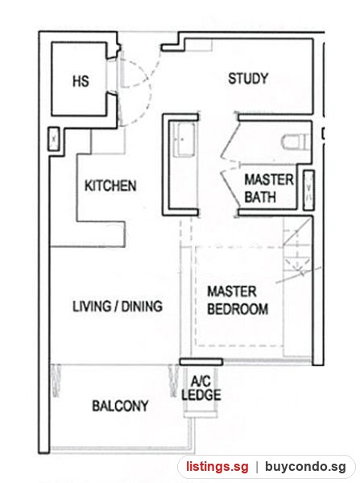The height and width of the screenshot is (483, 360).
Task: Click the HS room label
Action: click(x=81, y=81)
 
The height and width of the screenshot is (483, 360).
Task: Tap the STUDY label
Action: click(x=248, y=78)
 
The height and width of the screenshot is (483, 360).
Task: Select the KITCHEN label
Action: click(x=110, y=186)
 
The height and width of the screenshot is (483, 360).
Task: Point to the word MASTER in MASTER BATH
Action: click(x=269, y=180)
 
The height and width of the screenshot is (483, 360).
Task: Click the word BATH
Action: click(x=260, y=197)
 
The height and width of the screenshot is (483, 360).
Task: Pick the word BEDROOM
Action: click(x=238, y=309)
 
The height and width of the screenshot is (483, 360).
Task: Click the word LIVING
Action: click(x=92, y=306)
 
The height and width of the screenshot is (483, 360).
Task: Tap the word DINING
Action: click(x=142, y=306)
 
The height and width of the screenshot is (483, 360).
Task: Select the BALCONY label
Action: click(x=120, y=406)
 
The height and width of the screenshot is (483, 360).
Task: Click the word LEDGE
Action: click(x=201, y=395)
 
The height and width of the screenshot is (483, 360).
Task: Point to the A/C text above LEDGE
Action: click(x=201, y=382)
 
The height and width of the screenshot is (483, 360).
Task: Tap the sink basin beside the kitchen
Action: click(x=184, y=139)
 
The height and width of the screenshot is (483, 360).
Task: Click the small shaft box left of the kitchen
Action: click(x=54, y=139)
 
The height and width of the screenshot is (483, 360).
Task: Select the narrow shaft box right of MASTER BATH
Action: click(x=308, y=190)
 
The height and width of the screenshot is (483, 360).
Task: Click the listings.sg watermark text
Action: click(x=217, y=467)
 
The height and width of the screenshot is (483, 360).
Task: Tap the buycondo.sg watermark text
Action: click(x=305, y=467)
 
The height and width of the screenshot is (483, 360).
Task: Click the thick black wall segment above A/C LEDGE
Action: click(x=201, y=361)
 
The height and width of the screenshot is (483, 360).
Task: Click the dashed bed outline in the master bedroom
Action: click(x=196, y=295)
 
